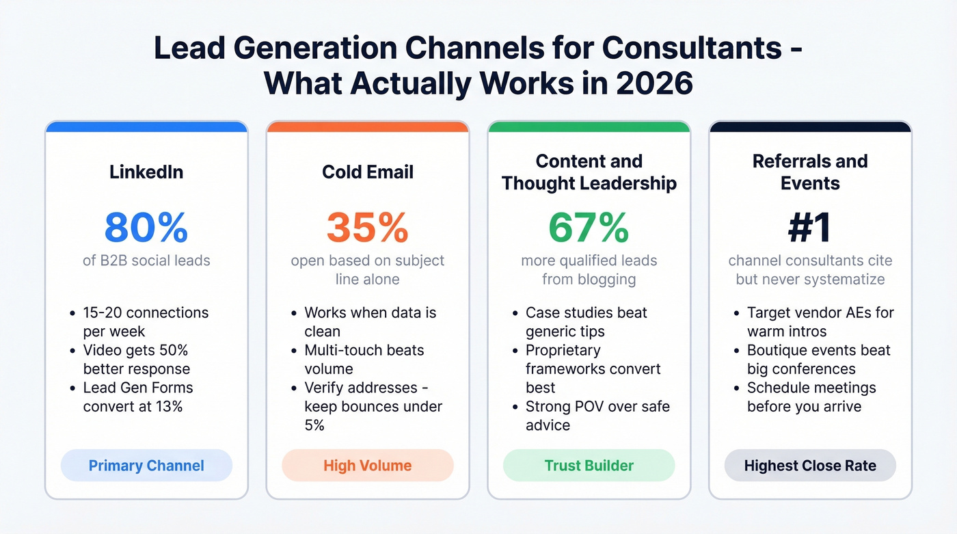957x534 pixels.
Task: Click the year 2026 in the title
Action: pos(654,83)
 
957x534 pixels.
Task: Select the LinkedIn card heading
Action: pos(146,172)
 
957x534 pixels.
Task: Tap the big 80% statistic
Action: pos(146,228)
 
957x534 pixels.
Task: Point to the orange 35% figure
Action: pos(367,228)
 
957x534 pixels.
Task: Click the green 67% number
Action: pos(589,228)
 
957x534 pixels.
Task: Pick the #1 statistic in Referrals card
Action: pos(810,228)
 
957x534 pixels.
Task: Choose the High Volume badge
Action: pos(367,466)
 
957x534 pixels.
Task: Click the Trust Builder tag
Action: pos(589,466)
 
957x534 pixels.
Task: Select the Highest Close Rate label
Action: pos(810,466)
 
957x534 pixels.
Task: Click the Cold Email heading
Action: pos(367,172)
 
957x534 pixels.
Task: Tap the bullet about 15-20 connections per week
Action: pos(146,321)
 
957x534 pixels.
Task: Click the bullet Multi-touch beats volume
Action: pos(364,359)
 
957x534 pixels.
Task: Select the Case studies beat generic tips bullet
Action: pos(586,321)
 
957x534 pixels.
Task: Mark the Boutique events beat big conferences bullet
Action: pos(818,359)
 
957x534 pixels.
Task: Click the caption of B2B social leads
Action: pos(146,261)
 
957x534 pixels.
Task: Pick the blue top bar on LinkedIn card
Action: pos(146,126)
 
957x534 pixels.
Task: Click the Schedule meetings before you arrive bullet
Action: pos(811,397)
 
